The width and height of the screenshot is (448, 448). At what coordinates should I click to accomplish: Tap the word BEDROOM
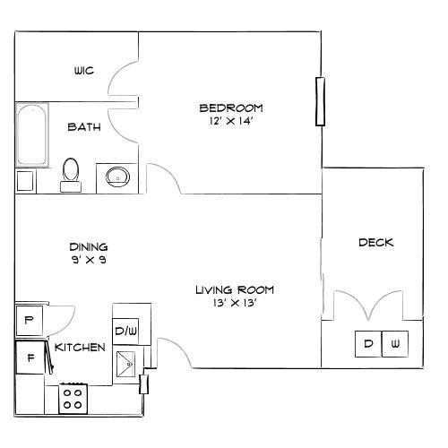click(231, 108)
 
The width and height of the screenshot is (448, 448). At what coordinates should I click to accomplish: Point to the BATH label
click(84, 127)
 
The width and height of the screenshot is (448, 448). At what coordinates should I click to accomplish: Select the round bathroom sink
click(117, 176)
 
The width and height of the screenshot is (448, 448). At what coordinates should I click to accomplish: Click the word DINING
click(89, 246)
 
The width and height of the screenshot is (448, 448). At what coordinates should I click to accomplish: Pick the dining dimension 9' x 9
click(89, 260)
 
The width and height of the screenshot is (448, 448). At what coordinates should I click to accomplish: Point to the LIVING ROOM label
click(236, 289)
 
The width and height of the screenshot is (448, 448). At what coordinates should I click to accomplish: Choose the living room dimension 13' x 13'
click(236, 303)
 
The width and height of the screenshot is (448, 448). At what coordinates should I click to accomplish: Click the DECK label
click(375, 243)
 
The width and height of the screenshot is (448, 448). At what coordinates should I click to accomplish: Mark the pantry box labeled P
click(29, 320)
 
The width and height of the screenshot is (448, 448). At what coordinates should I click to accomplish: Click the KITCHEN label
click(81, 347)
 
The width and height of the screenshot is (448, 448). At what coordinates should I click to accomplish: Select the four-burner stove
click(73, 398)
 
